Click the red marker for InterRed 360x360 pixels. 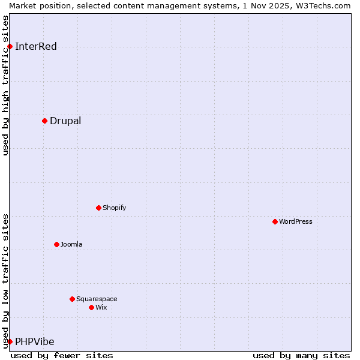[10, 46]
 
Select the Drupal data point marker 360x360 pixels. [44, 121]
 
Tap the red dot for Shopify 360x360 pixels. [98, 208]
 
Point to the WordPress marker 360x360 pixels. [275, 221]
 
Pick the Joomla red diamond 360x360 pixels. [56, 244]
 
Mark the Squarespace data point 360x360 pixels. [72, 299]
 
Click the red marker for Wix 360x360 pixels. [91, 307]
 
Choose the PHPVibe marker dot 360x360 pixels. [10, 341]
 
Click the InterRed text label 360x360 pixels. [36, 47]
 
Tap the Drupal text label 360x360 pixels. [65, 121]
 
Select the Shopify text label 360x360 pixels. [114, 208]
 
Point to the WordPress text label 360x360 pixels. [295, 222]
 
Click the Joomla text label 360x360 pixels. [71, 245]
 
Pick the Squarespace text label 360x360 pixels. [97, 299]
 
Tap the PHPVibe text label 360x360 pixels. [35, 342]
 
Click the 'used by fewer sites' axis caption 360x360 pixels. [62, 355]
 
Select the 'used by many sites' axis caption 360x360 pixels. [301, 355]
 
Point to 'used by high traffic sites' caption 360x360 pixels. [5, 85]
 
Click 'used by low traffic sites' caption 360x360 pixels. [5, 281]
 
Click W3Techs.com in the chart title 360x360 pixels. [322, 5]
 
